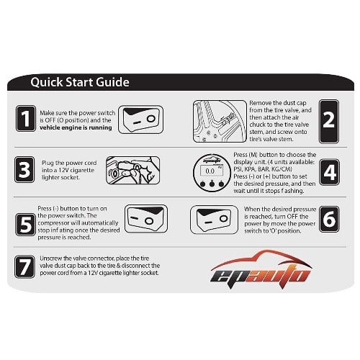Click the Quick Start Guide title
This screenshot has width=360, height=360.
80,82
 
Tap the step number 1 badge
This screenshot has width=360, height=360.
26,118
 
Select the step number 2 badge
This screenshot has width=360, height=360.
329,122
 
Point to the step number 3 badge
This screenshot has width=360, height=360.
24,170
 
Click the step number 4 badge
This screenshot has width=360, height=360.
329,172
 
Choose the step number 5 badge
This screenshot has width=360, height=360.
25,225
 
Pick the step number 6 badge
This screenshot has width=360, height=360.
329,219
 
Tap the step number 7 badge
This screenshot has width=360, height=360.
24,266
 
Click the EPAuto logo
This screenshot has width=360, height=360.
261,267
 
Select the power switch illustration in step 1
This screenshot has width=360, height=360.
140,120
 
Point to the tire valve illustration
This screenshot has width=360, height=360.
220,121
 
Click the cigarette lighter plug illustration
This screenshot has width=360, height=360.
132,170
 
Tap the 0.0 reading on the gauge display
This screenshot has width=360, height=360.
210,171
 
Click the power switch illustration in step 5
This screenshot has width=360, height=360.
146,219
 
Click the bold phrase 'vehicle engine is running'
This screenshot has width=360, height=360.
76,127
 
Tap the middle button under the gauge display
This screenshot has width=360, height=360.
212,184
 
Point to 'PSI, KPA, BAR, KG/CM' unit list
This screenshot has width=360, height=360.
263,169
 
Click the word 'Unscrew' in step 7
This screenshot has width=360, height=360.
51,258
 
